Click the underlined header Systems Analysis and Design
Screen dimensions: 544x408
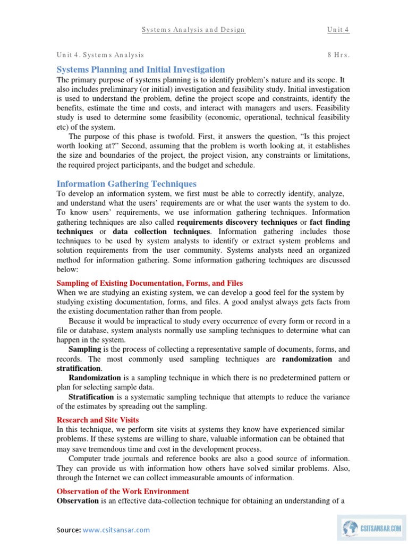(193, 30)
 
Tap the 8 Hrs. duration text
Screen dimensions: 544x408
(338, 55)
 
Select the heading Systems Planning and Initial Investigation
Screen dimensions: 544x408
(141, 70)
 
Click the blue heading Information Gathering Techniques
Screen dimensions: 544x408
(126, 184)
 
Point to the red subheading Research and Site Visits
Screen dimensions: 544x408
(98, 420)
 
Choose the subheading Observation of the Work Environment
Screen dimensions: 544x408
(123, 491)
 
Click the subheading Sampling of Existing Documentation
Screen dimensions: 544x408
(150, 283)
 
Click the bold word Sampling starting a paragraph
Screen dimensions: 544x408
(84, 350)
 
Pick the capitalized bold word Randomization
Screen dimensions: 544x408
(95, 378)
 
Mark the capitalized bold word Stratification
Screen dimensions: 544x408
(91, 397)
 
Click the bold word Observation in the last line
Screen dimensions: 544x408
(78, 501)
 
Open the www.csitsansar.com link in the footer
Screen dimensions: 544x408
(116, 530)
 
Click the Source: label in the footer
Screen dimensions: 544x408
(69, 530)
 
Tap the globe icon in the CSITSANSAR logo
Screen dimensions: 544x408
(350, 528)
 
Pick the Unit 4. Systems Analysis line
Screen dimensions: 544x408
(100, 55)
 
